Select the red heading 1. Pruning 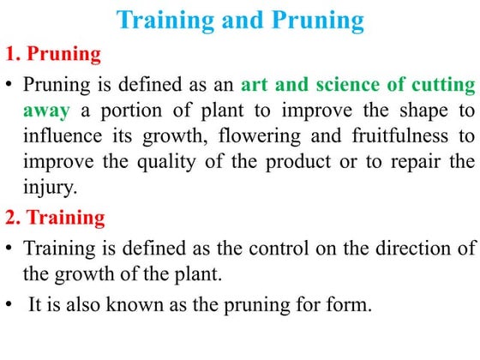[x=54, y=56]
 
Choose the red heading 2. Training [x=56, y=219]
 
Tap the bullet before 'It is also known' [x=11, y=303]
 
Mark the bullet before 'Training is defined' [x=11, y=249]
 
